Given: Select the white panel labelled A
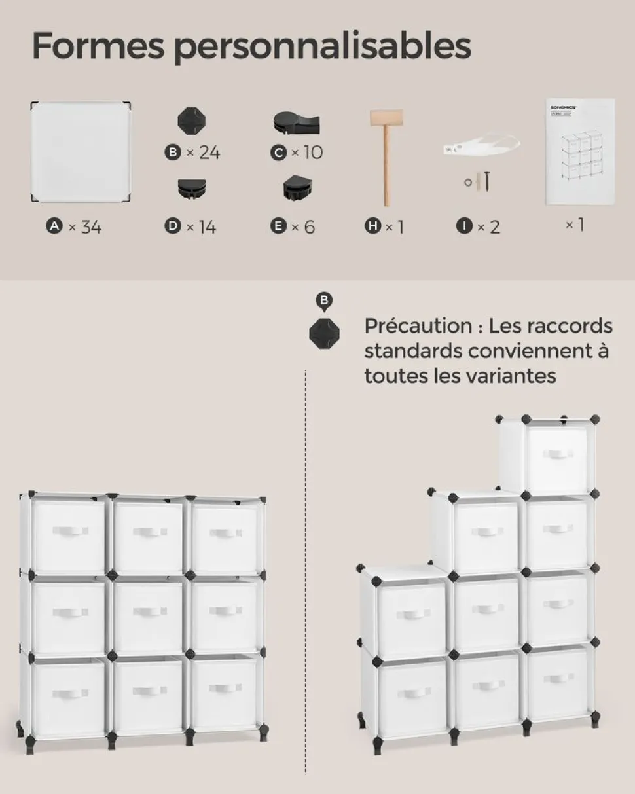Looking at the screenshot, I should pyautogui.click(x=81, y=151).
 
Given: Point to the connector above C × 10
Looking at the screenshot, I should pyautogui.click(x=296, y=122).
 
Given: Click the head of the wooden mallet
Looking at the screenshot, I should pyautogui.click(x=386, y=118).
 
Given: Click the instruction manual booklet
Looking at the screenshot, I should pyautogui.click(x=579, y=151).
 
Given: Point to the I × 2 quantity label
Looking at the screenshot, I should pyautogui.click(x=479, y=227).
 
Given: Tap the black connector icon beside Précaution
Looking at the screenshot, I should pyautogui.click(x=325, y=333).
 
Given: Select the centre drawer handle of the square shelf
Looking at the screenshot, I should pyautogui.click(x=149, y=611).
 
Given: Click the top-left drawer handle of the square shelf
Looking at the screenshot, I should pyautogui.click(x=70, y=532).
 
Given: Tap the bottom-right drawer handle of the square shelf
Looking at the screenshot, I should pyautogui.click(x=225, y=689).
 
